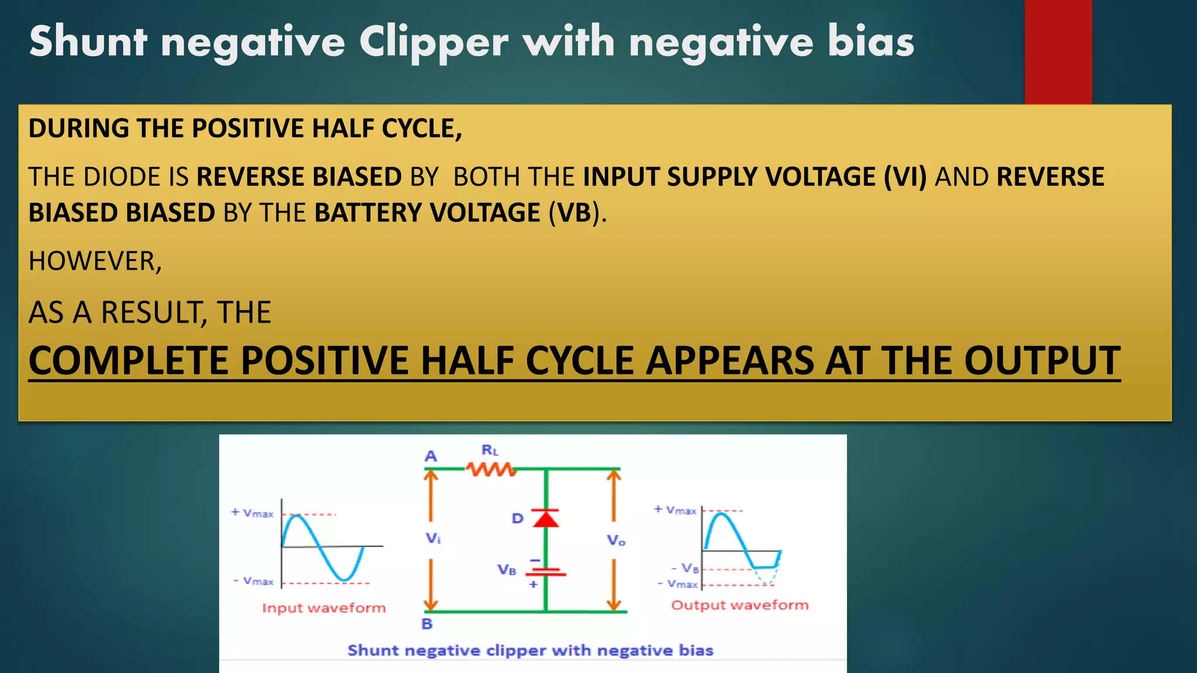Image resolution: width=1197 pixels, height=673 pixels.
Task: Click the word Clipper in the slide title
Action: coord(433,42)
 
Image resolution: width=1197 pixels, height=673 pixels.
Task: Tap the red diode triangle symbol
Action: coord(545,518)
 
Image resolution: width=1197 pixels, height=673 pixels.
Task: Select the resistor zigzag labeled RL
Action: coord(491,469)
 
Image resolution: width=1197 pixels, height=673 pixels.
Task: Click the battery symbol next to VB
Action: coord(545,571)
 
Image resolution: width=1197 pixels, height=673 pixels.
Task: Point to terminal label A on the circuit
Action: coord(431,456)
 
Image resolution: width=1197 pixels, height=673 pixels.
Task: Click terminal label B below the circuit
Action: coord(427,624)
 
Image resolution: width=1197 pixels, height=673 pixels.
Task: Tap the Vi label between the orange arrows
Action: coord(433,539)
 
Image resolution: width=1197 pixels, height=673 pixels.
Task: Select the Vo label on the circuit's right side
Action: coord(616,540)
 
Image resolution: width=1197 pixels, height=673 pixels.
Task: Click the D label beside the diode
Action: coord(517,518)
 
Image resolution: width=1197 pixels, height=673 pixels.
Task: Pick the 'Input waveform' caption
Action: coord(324,608)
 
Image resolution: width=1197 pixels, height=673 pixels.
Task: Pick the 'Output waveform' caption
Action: coord(739,605)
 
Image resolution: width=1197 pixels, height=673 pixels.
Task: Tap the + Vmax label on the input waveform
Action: coord(252,513)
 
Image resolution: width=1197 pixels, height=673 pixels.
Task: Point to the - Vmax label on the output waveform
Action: coord(677,584)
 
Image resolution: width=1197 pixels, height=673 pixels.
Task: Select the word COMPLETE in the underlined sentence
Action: coord(128,360)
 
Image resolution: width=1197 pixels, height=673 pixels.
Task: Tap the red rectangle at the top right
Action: coord(1057,51)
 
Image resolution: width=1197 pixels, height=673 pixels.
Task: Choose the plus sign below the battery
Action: coord(533,584)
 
